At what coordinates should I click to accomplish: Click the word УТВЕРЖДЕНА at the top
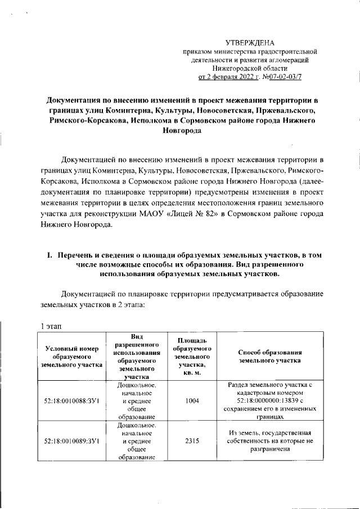(250, 43)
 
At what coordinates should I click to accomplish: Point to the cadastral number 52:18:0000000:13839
(265, 401)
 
